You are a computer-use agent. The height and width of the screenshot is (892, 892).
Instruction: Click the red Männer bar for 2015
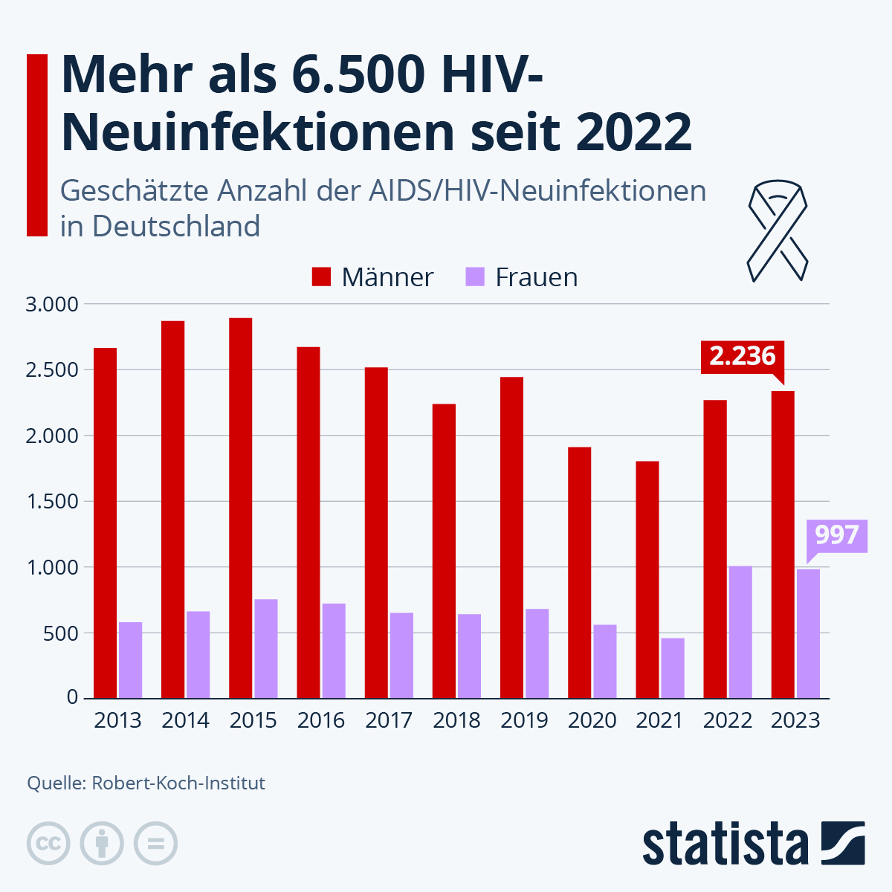pos(240,508)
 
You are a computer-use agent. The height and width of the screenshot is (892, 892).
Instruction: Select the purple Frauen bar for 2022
pos(740,632)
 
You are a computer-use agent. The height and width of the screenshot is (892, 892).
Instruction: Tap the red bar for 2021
pos(647,580)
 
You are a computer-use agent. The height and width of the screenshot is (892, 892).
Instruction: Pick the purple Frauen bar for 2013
pos(130,660)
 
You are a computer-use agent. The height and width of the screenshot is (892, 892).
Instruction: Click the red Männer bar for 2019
pos(511,537)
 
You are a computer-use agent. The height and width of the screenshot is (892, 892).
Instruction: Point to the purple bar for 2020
pos(604,662)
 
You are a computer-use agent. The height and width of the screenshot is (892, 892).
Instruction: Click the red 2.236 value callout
pos(742,356)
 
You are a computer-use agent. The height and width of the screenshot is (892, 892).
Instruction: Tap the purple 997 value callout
pos(837,535)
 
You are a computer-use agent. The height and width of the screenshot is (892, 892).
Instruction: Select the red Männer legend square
pos(321,277)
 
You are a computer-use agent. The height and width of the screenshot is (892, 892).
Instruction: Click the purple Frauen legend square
pos(475,277)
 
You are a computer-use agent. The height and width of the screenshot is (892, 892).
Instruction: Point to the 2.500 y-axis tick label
pos(52,370)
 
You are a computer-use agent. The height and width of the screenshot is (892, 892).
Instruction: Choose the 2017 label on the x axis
pos(389,720)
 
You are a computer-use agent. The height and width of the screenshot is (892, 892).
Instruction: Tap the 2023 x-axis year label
pos(795,720)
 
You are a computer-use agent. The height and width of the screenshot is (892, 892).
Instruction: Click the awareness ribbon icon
pos(777,231)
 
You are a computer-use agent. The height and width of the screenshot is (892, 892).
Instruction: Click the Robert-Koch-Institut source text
pos(178,783)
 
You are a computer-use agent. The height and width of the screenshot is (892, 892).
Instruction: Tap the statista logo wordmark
pos(725,844)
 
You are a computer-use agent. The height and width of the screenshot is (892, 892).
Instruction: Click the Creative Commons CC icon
pos(48,844)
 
